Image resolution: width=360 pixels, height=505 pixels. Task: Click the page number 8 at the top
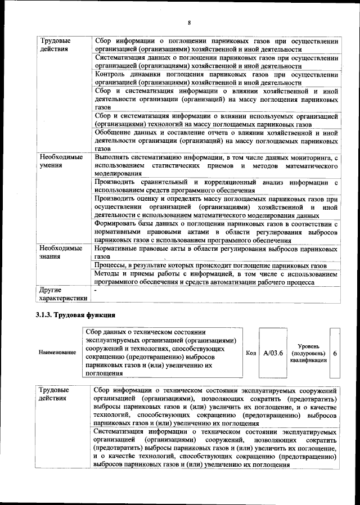[190, 22]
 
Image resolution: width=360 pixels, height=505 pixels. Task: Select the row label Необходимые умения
[61, 161]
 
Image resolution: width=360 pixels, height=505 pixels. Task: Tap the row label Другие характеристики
[63, 294]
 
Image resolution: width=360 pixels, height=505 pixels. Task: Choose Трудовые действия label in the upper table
[55, 45]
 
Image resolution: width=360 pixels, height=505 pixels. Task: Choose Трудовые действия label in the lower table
[55, 394]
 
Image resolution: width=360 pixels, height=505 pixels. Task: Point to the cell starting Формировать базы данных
[216, 232]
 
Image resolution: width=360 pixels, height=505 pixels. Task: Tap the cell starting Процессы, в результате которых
[210, 265]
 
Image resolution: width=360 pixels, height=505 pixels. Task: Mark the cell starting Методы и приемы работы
[216, 278]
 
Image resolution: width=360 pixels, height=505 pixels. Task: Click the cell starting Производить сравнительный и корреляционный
[216, 186]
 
